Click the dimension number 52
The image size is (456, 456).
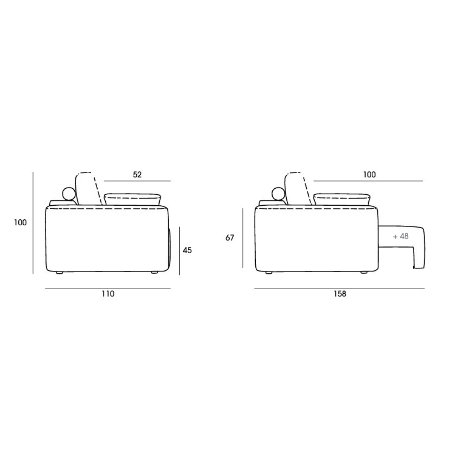[137, 175]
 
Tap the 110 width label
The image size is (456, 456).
[108, 294]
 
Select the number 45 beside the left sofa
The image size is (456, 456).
[187, 250]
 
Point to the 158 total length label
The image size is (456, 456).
[340, 294]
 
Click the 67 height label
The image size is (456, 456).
[230, 238]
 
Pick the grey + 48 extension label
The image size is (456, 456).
[401, 236]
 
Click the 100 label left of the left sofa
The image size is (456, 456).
[21, 223]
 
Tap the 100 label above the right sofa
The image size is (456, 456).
[369, 175]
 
